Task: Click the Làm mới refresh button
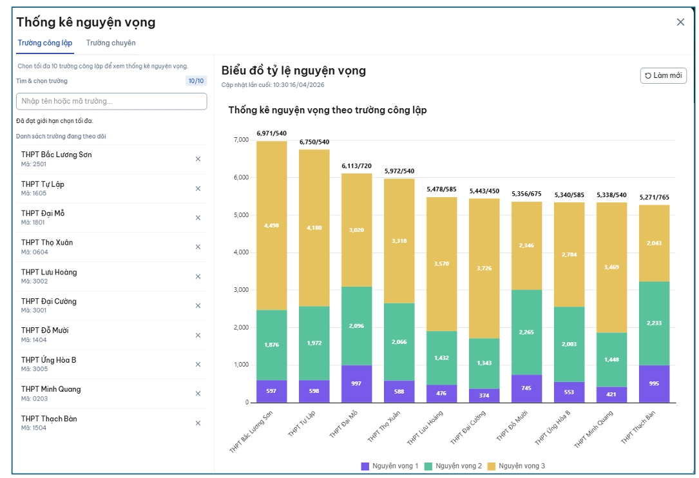coord(663,76)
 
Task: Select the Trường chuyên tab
coord(111,43)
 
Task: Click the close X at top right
coord(680,22)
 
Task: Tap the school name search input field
coord(111,101)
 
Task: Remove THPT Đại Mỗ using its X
coord(198,218)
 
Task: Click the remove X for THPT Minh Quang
coord(198,394)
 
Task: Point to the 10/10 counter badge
coord(195,81)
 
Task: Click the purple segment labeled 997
coord(356,384)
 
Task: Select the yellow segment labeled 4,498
coord(271,225)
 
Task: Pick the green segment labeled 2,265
coord(526,332)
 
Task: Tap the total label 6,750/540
coord(314,142)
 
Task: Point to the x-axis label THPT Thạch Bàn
coord(638,426)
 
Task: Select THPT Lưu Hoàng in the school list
coord(49,272)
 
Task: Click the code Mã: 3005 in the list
coord(34,369)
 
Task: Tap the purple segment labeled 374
coord(484,396)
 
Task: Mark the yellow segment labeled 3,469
coord(611,267)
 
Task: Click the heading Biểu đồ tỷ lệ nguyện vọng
coord(293,71)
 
